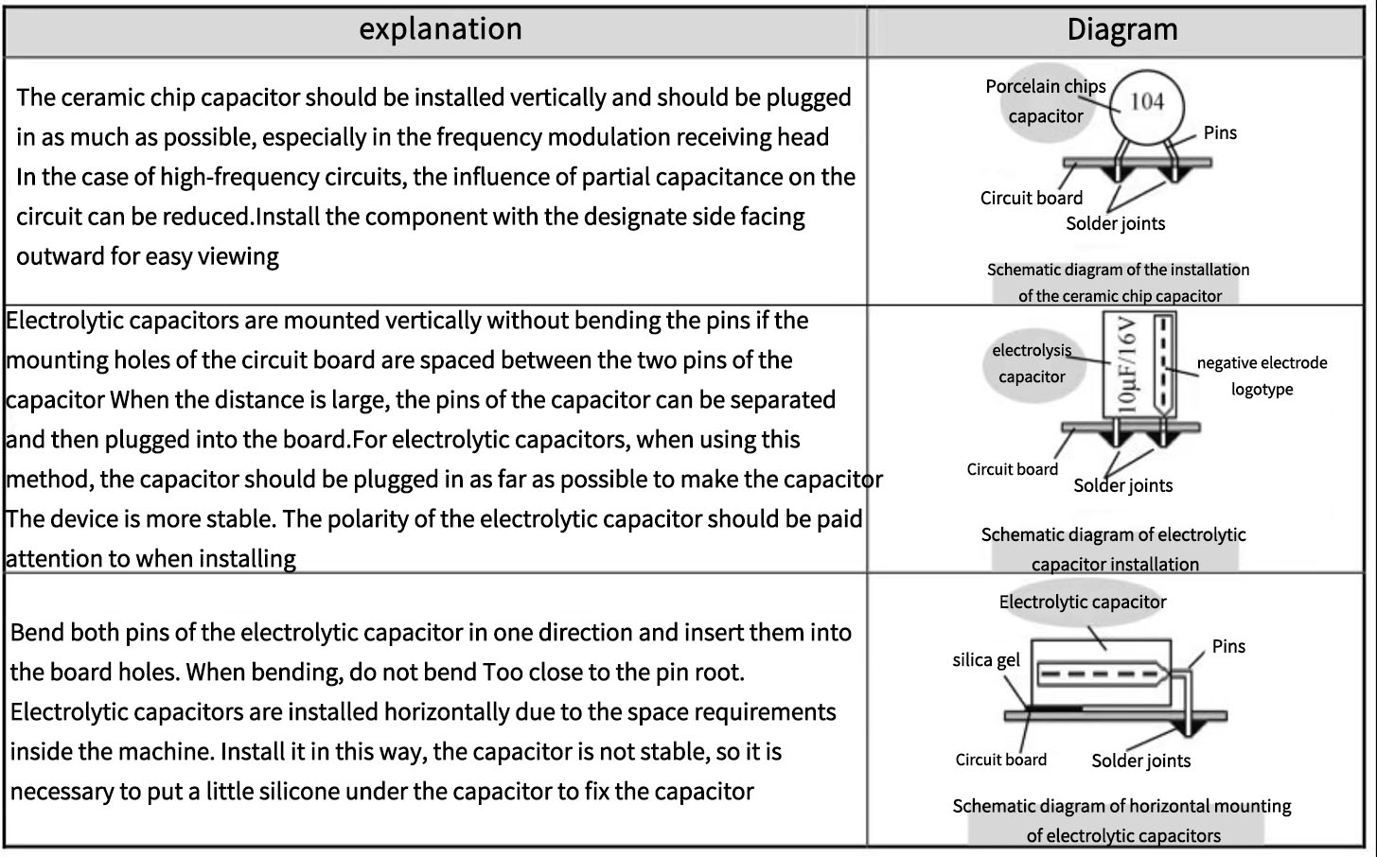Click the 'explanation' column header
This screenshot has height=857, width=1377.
[440, 29]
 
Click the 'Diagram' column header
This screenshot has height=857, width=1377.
[1121, 29]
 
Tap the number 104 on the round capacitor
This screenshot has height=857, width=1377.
[1147, 101]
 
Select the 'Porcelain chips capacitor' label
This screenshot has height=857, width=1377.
[1046, 101]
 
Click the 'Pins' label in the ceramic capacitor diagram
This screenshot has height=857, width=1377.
[1220, 132]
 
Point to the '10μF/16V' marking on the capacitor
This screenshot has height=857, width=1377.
[1127, 365]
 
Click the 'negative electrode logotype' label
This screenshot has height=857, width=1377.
[1262, 376]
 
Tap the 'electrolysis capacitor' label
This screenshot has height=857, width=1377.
[1032, 363]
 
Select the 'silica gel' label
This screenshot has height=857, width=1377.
[986, 660]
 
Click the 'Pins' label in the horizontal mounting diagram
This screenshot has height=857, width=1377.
[1228, 646]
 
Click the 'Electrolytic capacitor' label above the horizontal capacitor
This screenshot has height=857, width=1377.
[1083, 602]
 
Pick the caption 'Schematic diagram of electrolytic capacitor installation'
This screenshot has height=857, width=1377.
[1114, 550]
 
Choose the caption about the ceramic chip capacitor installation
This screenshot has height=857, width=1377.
[1119, 283]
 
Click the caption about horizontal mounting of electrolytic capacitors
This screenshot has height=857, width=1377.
[1121, 821]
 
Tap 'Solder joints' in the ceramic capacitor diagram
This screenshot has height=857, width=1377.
[1115, 223]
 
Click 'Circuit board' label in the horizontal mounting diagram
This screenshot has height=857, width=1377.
[1000, 760]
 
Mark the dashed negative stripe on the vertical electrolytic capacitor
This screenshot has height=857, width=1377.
[1162, 366]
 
